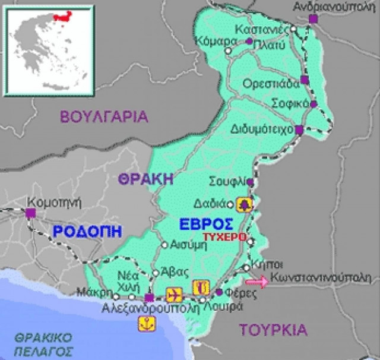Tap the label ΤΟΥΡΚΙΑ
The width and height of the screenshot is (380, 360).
point(274,330)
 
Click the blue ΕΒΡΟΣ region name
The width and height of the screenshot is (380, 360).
point(207,223)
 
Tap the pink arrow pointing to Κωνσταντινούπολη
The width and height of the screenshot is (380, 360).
point(256,282)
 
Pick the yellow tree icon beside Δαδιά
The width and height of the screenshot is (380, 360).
point(244,204)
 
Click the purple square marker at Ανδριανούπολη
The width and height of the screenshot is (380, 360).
point(313,19)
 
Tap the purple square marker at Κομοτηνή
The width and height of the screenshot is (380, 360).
point(30,211)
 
